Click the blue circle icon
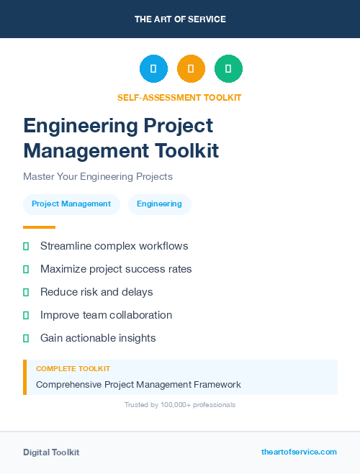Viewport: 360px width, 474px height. (153, 68)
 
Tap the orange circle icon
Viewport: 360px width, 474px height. (191, 68)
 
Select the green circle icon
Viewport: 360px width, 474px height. (228, 68)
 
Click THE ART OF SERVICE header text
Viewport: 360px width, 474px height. (180, 19)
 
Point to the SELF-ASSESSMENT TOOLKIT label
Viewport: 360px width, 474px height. (179, 98)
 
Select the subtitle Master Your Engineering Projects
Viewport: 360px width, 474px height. (98, 176)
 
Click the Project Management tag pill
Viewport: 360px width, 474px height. (71, 204)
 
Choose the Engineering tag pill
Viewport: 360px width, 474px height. (159, 204)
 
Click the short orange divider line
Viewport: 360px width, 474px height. (39, 227)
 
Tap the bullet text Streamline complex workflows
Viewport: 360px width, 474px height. (114, 246)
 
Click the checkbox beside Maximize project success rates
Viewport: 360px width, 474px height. (26, 269)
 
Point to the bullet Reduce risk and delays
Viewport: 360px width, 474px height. (96, 292)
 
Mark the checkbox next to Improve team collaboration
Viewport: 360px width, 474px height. (26, 315)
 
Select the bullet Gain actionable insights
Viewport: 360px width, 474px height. (98, 338)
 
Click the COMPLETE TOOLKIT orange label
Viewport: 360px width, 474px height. (73, 369)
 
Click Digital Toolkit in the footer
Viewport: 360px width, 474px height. (51, 452)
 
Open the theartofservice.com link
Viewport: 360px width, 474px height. (299, 452)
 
